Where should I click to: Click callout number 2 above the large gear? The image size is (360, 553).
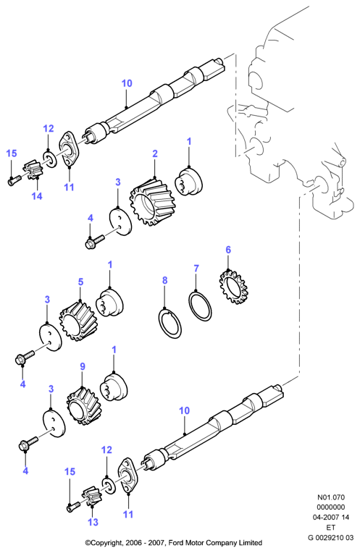(155, 153)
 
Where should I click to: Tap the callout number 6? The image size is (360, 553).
(228, 250)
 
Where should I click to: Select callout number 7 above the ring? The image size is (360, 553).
(196, 269)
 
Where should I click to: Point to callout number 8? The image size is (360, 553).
(165, 281)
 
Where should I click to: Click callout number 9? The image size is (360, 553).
(83, 366)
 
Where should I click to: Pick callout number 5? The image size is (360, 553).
(81, 282)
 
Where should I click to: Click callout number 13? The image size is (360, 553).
(93, 522)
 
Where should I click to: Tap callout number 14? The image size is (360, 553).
(37, 196)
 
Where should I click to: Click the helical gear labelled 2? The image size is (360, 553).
(152, 202)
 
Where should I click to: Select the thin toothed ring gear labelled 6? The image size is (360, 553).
(232, 287)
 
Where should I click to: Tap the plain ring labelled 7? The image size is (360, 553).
(201, 305)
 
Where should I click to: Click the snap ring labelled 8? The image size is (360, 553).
(169, 324)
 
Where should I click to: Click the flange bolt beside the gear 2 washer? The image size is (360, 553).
(95, 242)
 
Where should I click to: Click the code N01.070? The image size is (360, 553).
(331, 498)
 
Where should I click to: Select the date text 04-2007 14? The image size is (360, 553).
(331, 518)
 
